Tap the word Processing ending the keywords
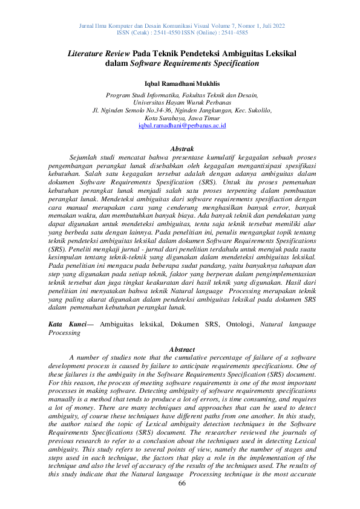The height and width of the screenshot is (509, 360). [x=64, y=332]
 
